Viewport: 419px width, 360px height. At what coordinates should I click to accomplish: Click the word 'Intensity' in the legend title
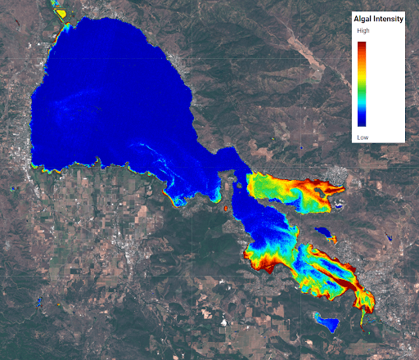pos(387,18)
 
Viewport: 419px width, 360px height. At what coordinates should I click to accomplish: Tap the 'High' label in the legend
pos(363,31)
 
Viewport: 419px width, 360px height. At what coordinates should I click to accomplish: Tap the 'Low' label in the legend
pos(363,137)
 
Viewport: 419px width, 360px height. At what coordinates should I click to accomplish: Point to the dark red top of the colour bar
pos(362,46)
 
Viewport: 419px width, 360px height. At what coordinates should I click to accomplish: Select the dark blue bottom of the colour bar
pos(362,120)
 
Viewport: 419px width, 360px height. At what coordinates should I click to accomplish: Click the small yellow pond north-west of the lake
pos(59,12)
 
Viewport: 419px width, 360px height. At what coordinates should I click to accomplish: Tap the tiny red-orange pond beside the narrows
pos(223,209)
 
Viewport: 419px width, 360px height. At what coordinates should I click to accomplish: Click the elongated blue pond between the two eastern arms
pos(326,234)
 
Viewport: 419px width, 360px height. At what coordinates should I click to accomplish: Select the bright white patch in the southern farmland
pos(223,321)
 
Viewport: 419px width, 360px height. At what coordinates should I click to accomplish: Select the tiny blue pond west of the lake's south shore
pos(17,186)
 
